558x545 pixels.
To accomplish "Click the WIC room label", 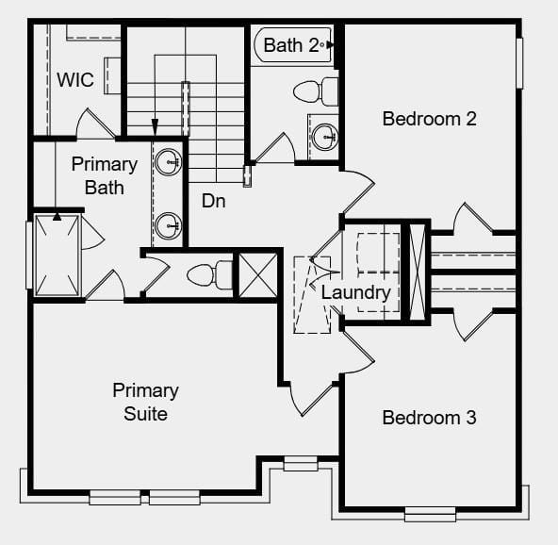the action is pos(75,79).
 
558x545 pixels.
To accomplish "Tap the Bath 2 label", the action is pos(291,45).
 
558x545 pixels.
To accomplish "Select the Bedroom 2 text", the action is pos(429,119).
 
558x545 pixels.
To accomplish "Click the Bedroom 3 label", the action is pos(429,418).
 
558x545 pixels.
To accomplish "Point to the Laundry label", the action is pos(356,293).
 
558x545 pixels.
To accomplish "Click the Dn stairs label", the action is pos(214,201).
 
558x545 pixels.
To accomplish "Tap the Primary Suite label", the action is pos(145,403).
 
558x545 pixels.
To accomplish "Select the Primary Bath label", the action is pos(105,176).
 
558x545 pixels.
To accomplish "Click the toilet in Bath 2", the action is pos(316,91).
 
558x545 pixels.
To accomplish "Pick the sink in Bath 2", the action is pos(325,137).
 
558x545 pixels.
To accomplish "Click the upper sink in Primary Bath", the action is pos(169,162).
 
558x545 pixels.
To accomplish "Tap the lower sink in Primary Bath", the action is pos(169,225).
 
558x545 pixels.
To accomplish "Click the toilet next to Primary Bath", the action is pos(209,275).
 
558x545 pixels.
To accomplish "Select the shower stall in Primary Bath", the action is pos(57,256).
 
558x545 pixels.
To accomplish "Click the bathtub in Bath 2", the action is pos(293,45).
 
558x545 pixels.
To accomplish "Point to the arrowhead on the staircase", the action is pos(155,127).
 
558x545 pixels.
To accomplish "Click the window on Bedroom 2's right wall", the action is pos(519,63).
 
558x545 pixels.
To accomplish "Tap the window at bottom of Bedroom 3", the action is pos(430,515).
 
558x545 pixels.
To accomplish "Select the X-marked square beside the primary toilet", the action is pos(258,274).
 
